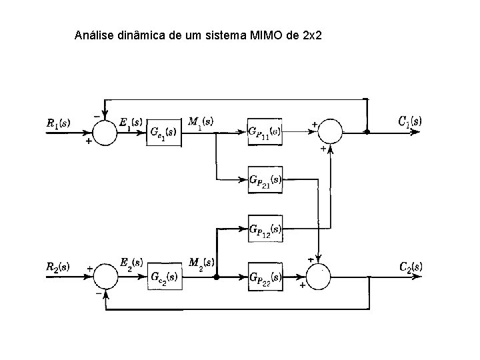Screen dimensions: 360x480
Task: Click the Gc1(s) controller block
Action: pos(163,132)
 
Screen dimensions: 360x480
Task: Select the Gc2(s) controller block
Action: pos(163,276)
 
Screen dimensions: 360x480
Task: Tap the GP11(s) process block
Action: pos(265,131)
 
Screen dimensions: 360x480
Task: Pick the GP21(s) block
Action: pos(265,180)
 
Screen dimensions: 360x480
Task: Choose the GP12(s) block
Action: pos(265,228)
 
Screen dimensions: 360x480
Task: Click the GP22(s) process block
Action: pos(265,276)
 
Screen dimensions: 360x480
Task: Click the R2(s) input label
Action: pos(58,267)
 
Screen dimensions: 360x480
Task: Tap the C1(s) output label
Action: pos(409,121)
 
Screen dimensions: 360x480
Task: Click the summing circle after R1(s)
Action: pos(104,132)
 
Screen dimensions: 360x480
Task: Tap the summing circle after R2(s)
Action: pos(104,276)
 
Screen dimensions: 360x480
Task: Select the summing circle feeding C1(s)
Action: pos(330,132)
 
